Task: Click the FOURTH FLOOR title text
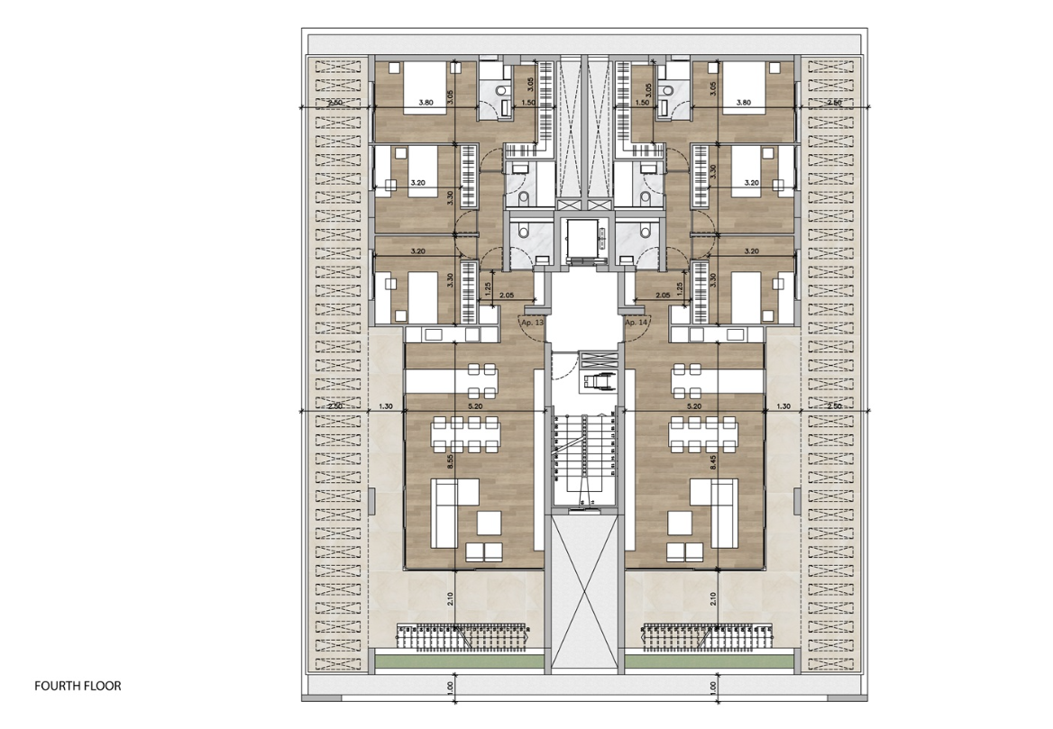click(78, 686)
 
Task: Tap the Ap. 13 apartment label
click(532, 322)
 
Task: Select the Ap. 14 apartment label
click(636, 322)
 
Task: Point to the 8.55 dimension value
click(451, 461)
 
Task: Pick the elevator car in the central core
click(583, 240)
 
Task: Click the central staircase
click(583, 460)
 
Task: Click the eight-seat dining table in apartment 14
click(702, 435)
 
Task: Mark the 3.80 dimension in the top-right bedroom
click(743, 103)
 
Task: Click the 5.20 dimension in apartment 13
click(476, 406)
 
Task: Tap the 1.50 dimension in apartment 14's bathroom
click(642, 104)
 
